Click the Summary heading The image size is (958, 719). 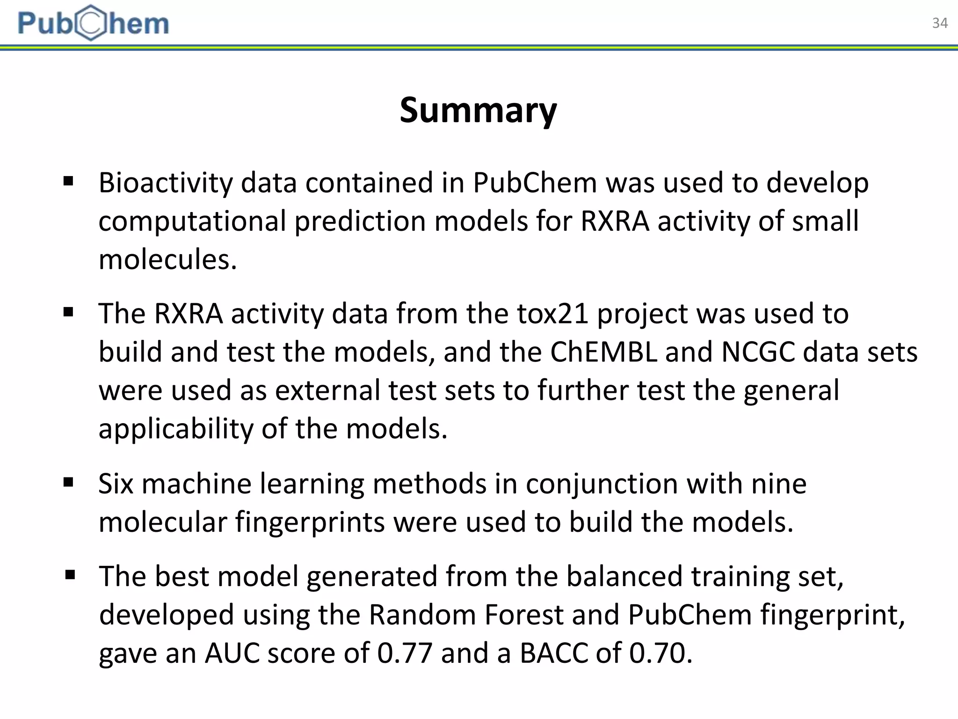[x=478, y=110]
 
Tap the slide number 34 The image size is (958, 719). [x=939, y=23]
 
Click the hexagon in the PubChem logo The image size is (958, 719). [x=91, y=23]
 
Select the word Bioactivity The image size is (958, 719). [x=165, y=183]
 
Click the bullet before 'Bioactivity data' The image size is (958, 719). [x=68, y=181]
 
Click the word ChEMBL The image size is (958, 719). [x=604, y=352]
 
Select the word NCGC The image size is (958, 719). [x=758, y=352]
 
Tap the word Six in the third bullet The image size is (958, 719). [x=116, y=484]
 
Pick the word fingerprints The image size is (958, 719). [x=310, y=522]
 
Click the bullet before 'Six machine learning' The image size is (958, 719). [x=68, y=482]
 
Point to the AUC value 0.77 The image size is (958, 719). [x=405, y=653]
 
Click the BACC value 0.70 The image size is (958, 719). [x=660, y=653]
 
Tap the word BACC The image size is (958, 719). [x=554, y=653]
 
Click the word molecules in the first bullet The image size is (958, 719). [x=167, y=259]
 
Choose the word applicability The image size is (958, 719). [x=175, y=429]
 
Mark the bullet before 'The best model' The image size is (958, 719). [x=70, y=575]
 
